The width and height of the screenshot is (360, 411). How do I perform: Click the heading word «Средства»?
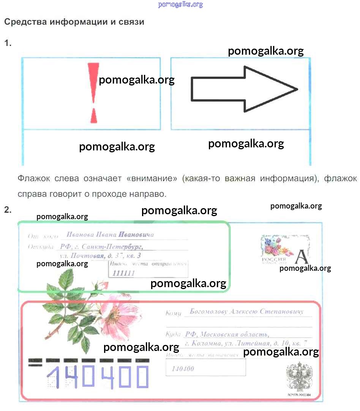[23, 22]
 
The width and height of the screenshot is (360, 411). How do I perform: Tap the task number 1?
[8, 43]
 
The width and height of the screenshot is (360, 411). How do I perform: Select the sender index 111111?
[124, 273]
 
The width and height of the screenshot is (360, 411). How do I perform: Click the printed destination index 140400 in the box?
[183, 368]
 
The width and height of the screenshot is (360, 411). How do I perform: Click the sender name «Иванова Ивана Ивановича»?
[110, 235]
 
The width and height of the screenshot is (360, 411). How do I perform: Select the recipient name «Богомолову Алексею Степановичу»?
[247, 312]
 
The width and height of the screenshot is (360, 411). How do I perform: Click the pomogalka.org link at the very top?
[180, 5]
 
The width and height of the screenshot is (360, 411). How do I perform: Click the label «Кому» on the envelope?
[173, 313]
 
